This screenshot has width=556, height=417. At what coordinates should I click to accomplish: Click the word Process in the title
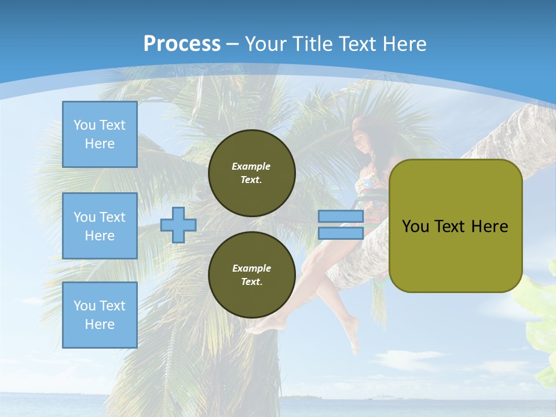pyautogui.click(x=182, y=43)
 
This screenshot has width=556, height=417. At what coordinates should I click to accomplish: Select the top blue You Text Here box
pyautogui.click(x=100, y=134)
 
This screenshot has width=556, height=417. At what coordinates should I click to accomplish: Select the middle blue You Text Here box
pyautogui.click(x=100, y=226)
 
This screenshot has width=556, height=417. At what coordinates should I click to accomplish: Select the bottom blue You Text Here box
pyautogui.click(x=100, y=314)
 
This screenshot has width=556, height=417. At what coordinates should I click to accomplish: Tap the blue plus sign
pyautogui.click(x=178, y=225)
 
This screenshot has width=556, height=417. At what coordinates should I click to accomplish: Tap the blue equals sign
pyautogui.click(x=341, y=225)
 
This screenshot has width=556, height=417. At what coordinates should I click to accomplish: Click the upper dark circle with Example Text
pyautogui.click(x=251, y=173)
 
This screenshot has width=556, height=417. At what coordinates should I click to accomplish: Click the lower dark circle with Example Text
pyautogui.click(x=251, y=275)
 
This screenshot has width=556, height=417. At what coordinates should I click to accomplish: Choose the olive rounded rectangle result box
pyautogui.click(x=455, y=225)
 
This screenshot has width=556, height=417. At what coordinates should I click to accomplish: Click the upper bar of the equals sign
pyautogui.click(x=341, y=216)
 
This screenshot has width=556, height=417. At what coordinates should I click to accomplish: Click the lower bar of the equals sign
pyautogui.click(x=341, y=233)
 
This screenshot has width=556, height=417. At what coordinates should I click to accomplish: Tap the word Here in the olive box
pyautogui.click(x=489, y=226)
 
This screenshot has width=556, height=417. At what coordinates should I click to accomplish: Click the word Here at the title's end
pyautogui.click(x=403, y=44)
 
